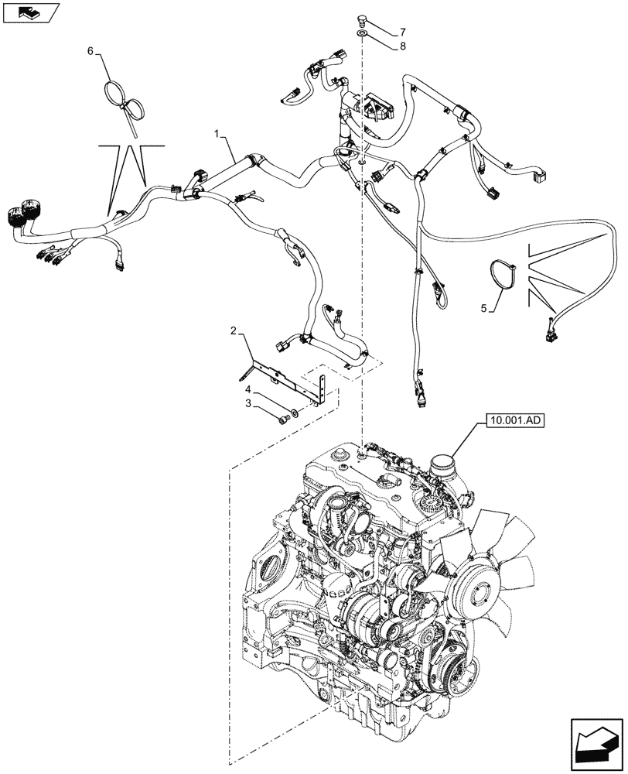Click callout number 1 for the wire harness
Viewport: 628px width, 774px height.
tap(219, 137)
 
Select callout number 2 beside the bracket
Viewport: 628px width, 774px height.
tap(233, 332)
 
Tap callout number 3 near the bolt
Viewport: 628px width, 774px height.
tap(249, 405)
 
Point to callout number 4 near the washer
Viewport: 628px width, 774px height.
tap(249, 390)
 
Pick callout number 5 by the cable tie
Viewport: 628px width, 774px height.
tap(486, 308)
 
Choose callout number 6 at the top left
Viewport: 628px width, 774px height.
tap(90, 50)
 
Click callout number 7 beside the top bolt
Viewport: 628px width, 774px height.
tap(402, 33)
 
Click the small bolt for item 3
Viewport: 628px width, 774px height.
tap(283, 419)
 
